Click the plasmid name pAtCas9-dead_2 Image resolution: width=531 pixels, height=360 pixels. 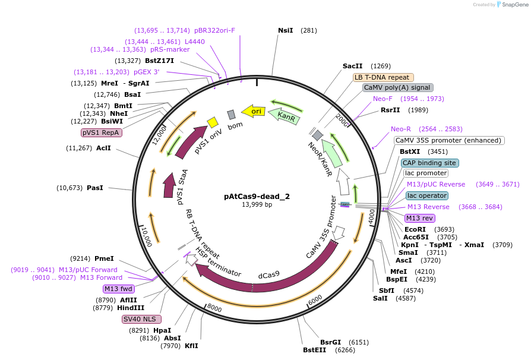click(257, 195)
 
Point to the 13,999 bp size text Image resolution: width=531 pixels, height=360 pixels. click(257, 204)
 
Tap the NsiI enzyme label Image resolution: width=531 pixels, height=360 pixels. click(286, 30)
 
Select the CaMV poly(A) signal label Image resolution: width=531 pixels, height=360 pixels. click(397, 87)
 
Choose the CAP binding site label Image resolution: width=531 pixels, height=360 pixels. click(429, 163)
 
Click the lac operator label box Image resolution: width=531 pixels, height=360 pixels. click(427, 195)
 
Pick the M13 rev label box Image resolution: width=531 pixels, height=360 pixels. click(419, 218)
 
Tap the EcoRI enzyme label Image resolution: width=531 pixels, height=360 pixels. click(415, 229)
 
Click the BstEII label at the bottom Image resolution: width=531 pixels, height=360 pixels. click(314, 350)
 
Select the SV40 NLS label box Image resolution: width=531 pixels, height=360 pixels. click(139, 319)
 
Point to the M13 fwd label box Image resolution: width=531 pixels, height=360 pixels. click(119, 289)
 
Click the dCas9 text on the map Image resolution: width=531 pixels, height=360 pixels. click(268, 276)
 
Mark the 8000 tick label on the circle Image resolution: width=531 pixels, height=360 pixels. click(214, 309)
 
